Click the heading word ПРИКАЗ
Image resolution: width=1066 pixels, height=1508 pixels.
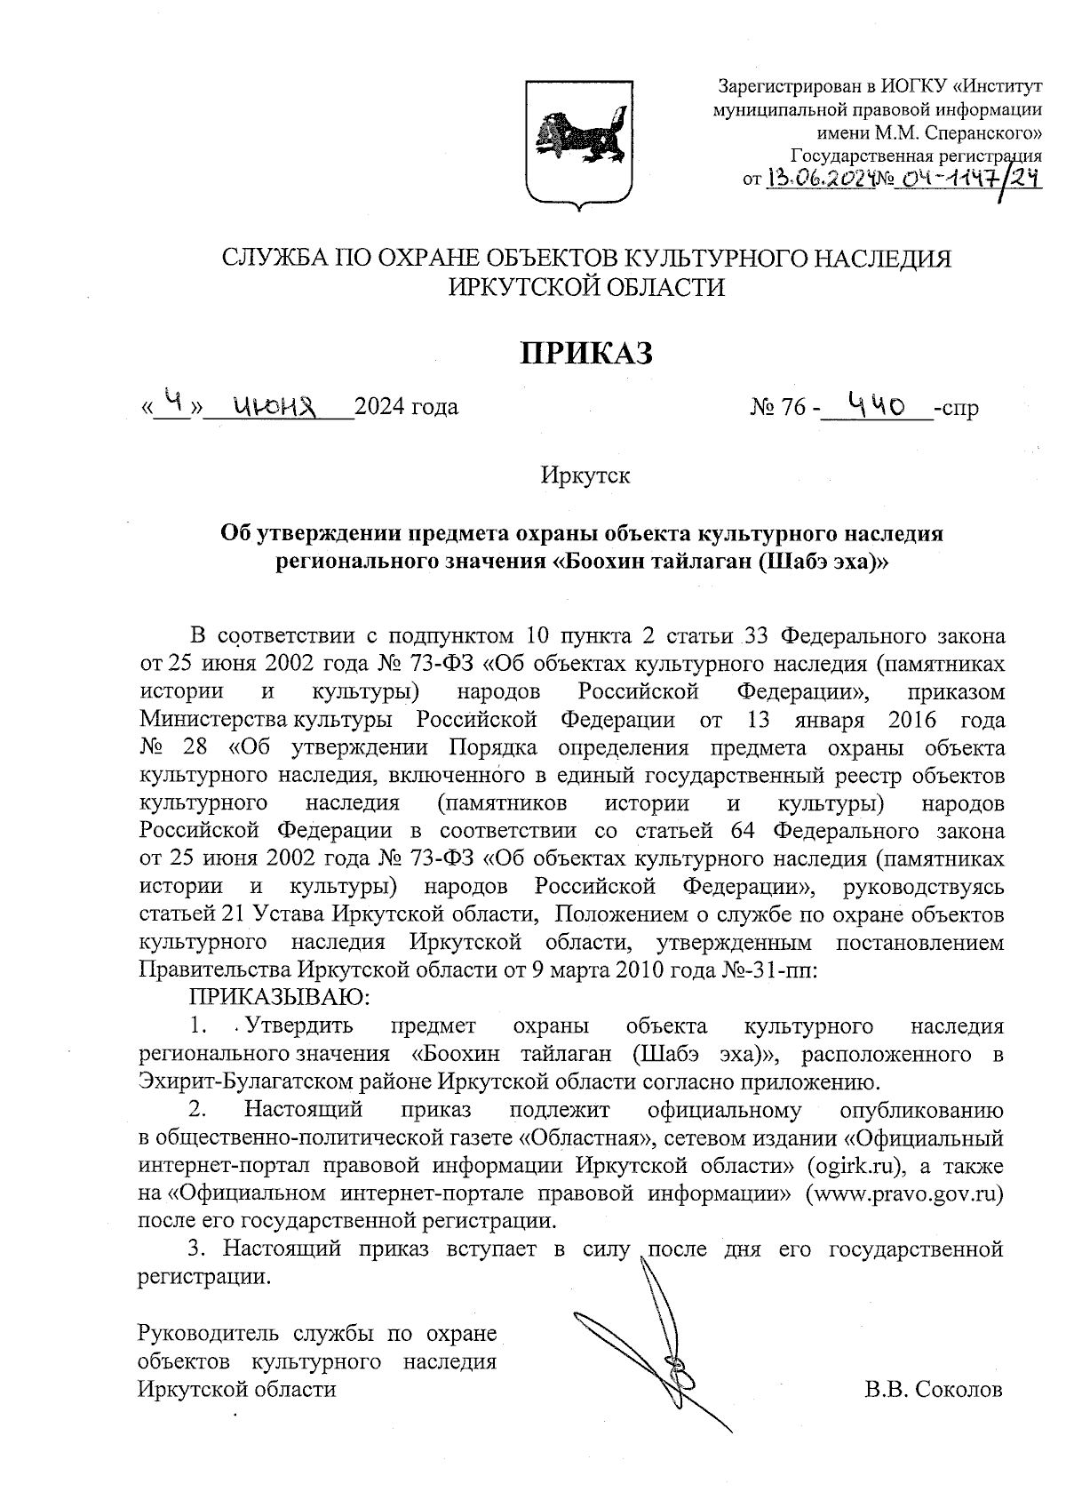coord(586,352)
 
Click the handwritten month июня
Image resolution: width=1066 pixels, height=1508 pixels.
coord(275,405)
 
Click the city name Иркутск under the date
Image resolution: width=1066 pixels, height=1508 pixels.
coord(585,475)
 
